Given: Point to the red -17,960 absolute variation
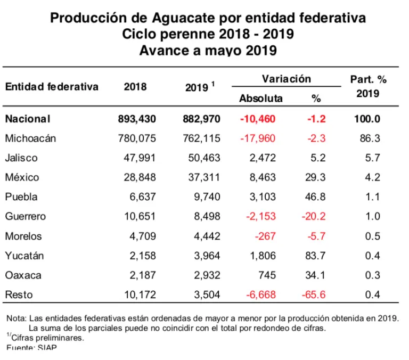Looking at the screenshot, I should [260, 138].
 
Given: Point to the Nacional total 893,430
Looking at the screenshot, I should [137, 119].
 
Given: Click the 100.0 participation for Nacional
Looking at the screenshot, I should [367, 119].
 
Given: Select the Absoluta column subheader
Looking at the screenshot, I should [261, 98].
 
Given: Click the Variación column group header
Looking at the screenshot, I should [286, 79].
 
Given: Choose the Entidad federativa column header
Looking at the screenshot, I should [52, 86].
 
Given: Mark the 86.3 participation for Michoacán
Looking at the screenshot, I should [370, 138].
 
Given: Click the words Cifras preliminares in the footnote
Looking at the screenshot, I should [48, 337].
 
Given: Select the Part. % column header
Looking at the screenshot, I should [368, 79].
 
